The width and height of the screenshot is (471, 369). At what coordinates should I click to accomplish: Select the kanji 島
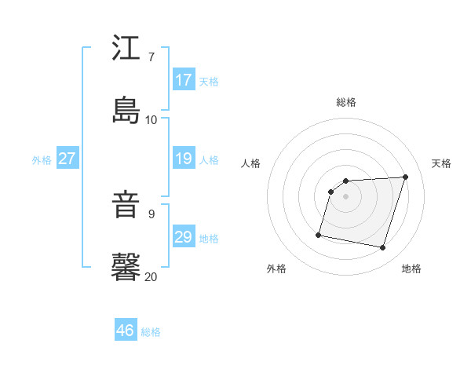[x=126, y=109]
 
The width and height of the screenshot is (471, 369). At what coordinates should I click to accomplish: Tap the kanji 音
[x=126, y=206]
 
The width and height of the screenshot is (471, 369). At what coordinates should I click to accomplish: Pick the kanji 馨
[x=126, y=266]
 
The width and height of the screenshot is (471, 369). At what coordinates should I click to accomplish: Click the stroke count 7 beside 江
[x=152, y=57]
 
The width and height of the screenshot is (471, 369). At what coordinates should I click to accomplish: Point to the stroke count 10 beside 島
[x=152, y=119]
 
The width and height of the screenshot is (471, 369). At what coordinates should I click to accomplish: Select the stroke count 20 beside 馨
[x=152, y=276]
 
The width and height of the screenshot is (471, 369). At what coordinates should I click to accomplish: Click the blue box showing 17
[x=184, y=80]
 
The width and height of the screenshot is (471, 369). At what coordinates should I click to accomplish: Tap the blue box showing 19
[x=184, y=159]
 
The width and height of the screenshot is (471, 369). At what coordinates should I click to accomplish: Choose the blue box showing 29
[x=184, y=238]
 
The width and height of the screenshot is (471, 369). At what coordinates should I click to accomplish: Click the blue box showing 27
[x=68, y=159]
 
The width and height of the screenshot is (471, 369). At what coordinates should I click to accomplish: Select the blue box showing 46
[x=126, y=331]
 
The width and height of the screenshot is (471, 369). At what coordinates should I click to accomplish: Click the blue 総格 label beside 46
[x=152, y=332]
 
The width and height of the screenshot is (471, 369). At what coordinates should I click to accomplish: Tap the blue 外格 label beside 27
[x=42, y=160]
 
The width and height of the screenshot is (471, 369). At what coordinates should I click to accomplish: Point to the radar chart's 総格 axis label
[x=346, y=102]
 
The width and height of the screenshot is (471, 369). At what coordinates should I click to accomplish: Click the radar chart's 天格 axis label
[x=442, y=163]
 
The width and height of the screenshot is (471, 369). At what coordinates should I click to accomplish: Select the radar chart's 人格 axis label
[x=251, y=163]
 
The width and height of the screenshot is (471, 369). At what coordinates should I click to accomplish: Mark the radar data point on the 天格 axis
[x=406, y=177]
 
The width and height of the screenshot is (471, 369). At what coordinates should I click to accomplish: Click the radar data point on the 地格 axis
[x=383, y=248]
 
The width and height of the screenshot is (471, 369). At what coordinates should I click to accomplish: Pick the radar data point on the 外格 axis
[x=319, y=234]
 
